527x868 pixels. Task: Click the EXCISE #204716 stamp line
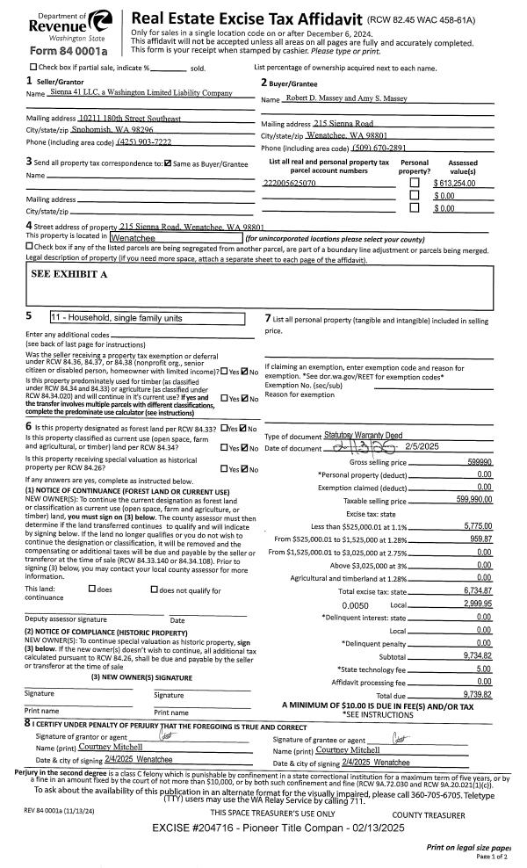263,828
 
